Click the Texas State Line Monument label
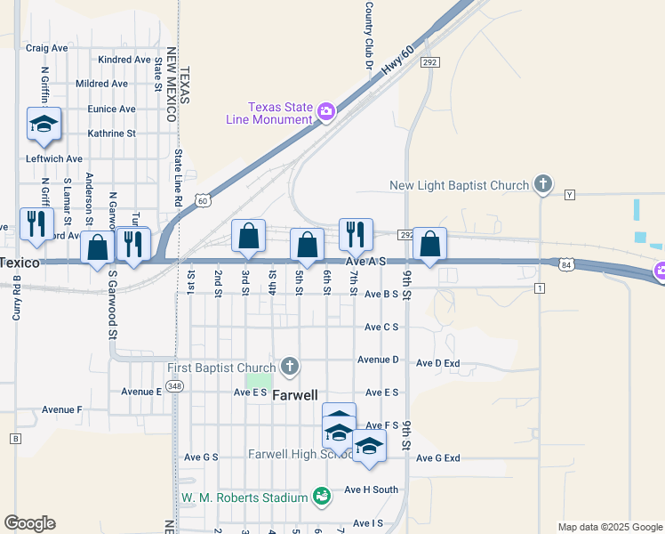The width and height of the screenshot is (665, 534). click(x=280, y=113)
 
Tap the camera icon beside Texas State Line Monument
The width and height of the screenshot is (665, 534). click(x=326, y=111)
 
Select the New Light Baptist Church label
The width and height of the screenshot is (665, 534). click(x=460, y=185)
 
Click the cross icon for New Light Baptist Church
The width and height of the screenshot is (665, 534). click(x=542, y=185)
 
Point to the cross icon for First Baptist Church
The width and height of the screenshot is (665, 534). click(x=289, y=366)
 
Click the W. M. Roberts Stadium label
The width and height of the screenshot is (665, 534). click(x=244, y=496)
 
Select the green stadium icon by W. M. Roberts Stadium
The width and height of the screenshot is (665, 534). click(x=321, y=495)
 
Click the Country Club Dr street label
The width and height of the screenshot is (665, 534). click(x=367, y=36)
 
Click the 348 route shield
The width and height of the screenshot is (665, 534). click(x=174, y=385)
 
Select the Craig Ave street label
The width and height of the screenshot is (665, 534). click(x=47, y=48)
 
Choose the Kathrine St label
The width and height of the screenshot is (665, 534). click(x=111, y=133)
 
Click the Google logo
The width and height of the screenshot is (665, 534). click(x=29, y=523)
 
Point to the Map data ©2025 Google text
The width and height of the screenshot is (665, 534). click(x=610, y=527)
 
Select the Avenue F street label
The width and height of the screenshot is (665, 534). click(x=61, y=410)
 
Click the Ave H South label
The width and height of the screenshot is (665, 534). click(x=371, y=489)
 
